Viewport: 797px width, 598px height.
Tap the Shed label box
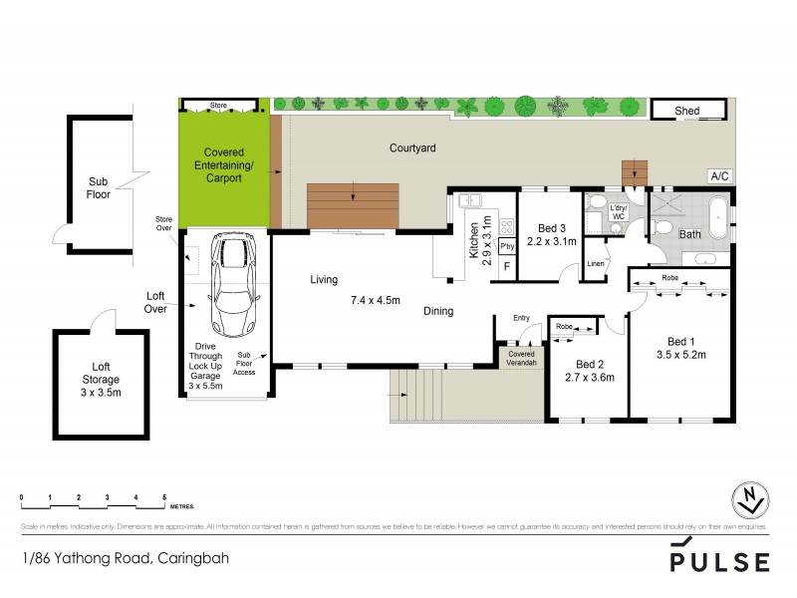686,111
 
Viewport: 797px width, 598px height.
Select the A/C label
718,176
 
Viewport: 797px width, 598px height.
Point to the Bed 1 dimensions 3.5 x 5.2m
680,354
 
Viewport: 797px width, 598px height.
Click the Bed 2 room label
589,364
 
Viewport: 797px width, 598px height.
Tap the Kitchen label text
474,240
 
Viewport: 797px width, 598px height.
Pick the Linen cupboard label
595,263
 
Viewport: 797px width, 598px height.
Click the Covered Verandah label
522,358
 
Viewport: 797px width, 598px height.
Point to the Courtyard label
412,149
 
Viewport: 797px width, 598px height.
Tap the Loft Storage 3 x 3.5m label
100,379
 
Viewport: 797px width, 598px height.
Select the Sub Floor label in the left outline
98,188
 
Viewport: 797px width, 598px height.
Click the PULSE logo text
719,561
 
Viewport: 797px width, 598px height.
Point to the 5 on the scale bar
164,495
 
